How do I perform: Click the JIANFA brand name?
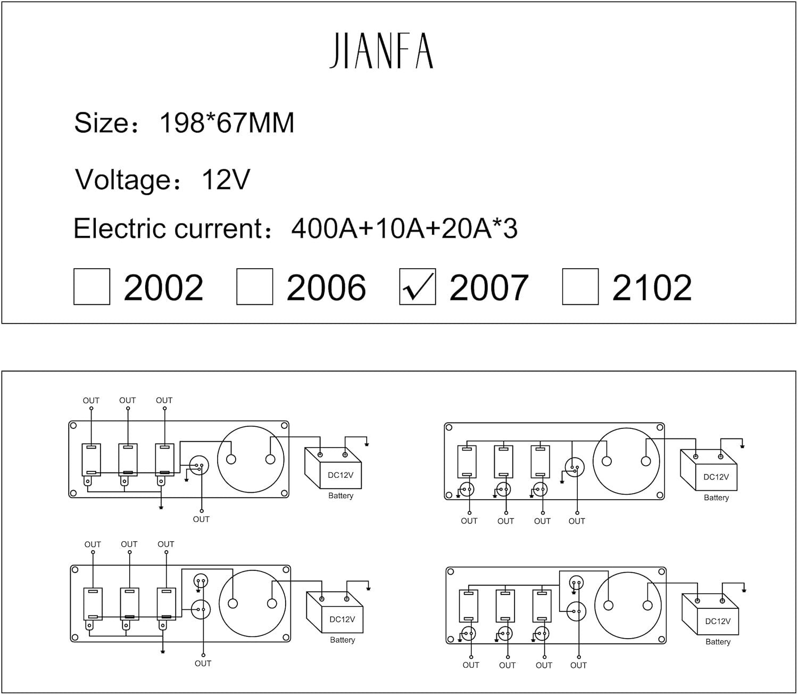[x=381, y=51]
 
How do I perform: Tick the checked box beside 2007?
[x=417, y=287]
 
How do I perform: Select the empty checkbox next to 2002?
[x=92, y=287]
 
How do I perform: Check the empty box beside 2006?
[x=254, y=287]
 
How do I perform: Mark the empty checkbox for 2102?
[x=580, y=287]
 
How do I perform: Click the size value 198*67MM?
[x=227, y=123]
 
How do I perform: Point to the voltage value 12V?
[x=226, y=179]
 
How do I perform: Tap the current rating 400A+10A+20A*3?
[x=404, y=229]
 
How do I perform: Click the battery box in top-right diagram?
[x=710, y=471]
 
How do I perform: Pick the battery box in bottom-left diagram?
[x=336, y=614]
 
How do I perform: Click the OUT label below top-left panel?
[x=201, y=519]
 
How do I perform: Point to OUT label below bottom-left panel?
[x=203, y=664]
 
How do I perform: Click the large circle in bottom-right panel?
[x=628, y=606]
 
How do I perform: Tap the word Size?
[x=101, y=123]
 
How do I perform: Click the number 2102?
[x=652, y=288]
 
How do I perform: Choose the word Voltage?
[x=123, y=179]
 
